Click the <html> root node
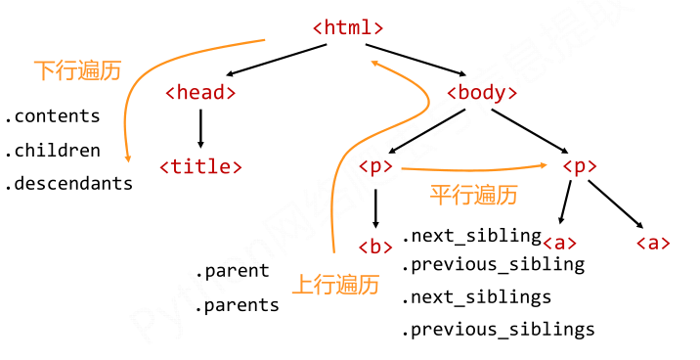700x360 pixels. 348,27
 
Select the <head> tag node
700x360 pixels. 200,93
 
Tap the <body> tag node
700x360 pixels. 481,93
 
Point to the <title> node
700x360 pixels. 200,166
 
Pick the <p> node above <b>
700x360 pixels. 375,166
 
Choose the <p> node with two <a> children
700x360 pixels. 580,166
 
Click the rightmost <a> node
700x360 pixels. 653,243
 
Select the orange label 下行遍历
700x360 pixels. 77,70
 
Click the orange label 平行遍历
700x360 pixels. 473,195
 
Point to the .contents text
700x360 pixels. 53,116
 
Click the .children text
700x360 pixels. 53,151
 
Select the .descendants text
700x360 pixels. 68,183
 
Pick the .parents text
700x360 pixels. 237,305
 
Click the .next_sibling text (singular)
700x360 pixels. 471,236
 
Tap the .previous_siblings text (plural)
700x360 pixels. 498,330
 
